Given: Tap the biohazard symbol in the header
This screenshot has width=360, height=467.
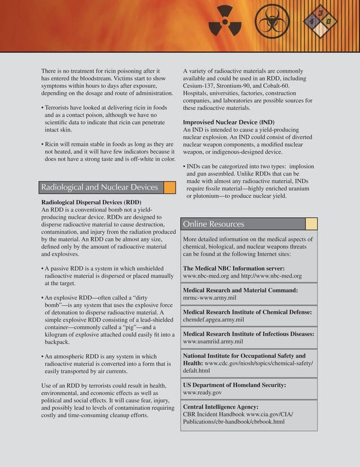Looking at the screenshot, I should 271,23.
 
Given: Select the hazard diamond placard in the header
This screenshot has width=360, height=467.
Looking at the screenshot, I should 320,21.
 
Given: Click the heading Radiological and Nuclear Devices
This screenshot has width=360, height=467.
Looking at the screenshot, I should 99,187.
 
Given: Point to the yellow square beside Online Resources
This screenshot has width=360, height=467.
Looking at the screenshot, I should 311,224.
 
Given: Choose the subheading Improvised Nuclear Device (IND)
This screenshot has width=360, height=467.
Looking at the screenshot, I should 229,122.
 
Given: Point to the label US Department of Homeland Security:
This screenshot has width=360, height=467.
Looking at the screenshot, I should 234,385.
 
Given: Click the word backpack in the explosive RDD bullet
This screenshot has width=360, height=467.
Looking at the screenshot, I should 57,342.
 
